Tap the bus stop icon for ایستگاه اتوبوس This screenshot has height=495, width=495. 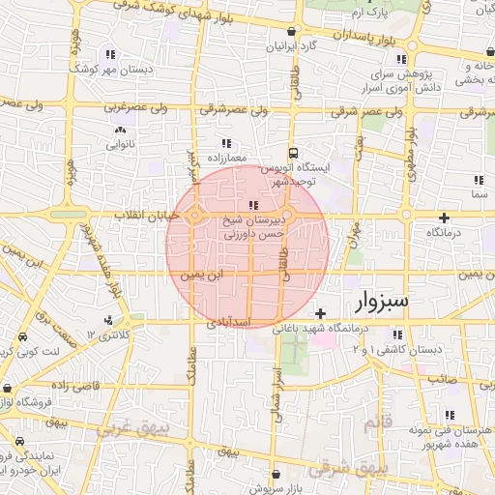[x=293, y=153]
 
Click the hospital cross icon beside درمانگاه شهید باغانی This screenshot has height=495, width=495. [x=320, y=313]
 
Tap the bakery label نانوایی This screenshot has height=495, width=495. [x=121, y=145]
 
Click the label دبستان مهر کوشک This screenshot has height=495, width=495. [x=112, y=71]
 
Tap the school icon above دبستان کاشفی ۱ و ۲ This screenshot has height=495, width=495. [x=395, y=335]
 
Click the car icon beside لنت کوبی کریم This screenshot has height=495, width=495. [x=21, y=338]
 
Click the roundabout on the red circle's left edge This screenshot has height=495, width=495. [x=196, y=216]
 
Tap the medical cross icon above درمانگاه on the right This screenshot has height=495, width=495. [x=444, y=218]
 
